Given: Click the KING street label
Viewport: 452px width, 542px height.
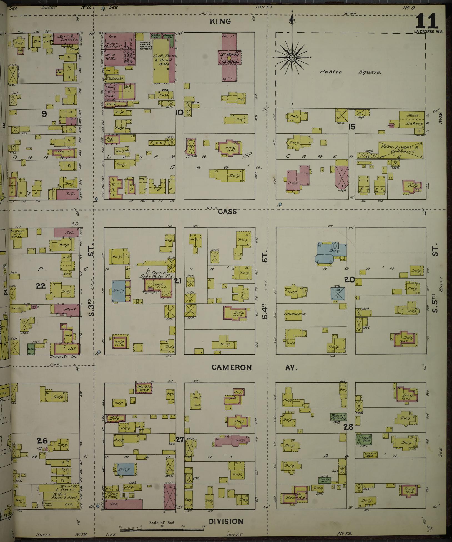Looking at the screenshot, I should click(x=220, y=21).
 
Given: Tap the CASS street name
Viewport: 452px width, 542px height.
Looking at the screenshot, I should click(x=227, y=212).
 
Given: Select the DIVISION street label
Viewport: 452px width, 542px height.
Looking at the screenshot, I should click(x=226, y=521).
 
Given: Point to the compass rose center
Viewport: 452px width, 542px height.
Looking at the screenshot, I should click(x=292, y=58).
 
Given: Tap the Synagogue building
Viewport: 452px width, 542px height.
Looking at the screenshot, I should click(x=295, y=314).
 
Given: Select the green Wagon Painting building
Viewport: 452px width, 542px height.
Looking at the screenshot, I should click(x=338, y=417).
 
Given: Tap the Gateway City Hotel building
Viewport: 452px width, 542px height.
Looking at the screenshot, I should click(x=19, y=233).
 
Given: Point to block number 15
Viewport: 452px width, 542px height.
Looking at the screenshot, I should click(x=352, y=127).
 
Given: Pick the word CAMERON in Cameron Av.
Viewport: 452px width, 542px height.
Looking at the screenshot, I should click(x=232, y=367).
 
